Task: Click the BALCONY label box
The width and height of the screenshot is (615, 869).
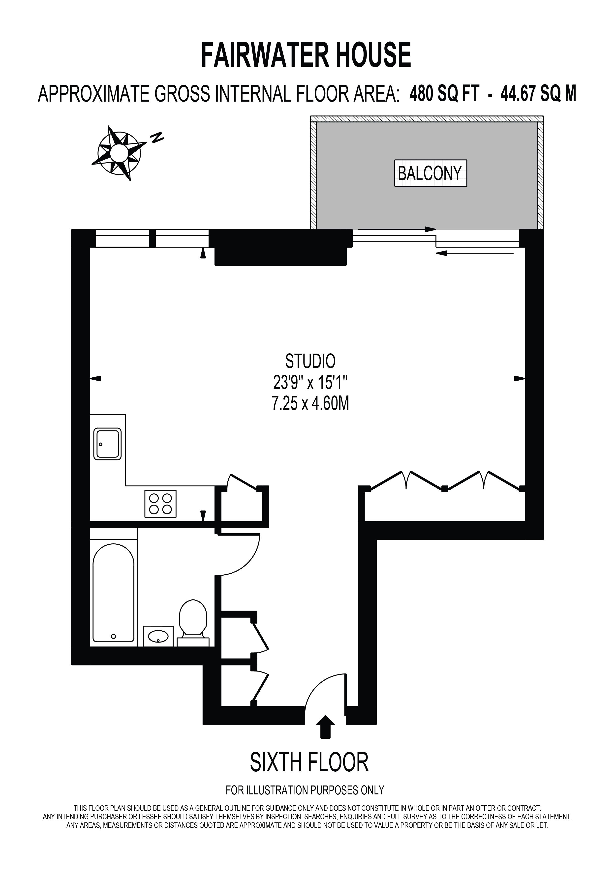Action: [430, 173]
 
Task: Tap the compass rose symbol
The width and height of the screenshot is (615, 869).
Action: [119, 153]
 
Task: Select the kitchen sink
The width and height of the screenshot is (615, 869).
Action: [108, 444]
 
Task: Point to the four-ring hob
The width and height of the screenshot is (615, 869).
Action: [160, 504]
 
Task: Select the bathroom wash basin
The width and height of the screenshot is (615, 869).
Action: [158, 636]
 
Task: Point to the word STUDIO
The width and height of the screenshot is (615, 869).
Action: [310, 362]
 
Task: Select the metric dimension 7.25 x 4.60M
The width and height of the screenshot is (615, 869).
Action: [310, 404]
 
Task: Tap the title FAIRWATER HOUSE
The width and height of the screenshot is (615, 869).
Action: [306, 55]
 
